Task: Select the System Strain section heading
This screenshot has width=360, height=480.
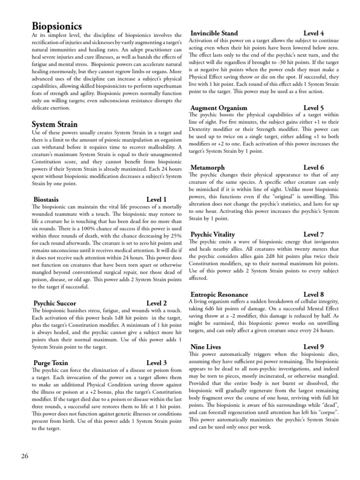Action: point(54,125)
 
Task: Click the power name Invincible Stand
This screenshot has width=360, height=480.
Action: point(214,33)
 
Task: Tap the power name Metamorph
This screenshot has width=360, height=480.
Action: point(208,167)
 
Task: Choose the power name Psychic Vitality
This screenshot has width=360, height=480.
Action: point(213,234)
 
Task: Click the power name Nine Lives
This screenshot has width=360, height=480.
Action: point(207,346)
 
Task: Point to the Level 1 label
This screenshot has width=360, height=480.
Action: point(157,199)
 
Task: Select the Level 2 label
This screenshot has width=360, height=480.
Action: point(157,303)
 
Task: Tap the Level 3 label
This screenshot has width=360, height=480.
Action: point(157,363)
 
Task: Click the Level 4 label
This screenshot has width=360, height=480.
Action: point(314,33)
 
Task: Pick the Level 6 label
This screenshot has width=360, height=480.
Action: point(314,167)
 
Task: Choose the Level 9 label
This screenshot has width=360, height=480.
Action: point(314,346)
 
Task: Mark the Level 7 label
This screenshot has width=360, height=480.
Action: point(314,234)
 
